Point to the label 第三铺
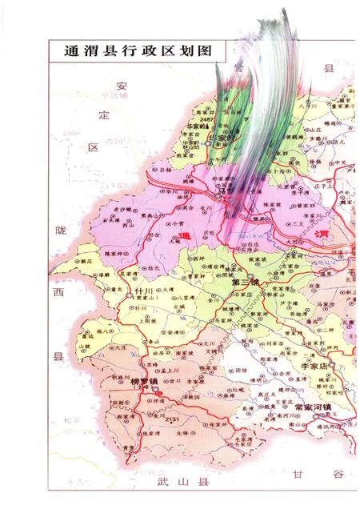tap(244, 283)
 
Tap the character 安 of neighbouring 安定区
tap(121, 86)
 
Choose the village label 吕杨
tap(166, 170)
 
